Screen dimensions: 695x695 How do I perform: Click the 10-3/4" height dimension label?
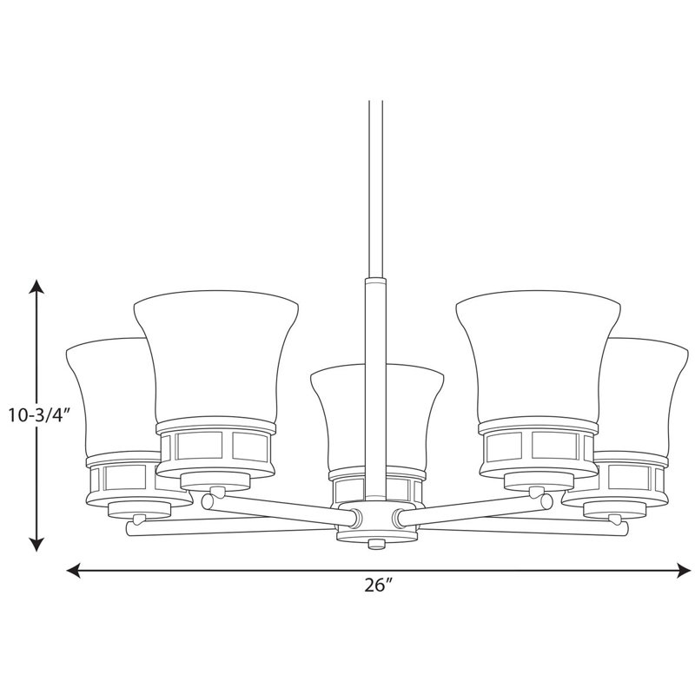pyautogui.click(x=40, y=415)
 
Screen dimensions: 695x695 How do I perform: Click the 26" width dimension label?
pyautogui.click(x=380, y=585)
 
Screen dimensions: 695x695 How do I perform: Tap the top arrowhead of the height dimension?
pyautogui.click(x=36, y=287)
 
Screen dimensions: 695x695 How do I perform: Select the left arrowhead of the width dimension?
pyautogui.click(x=74, y=570)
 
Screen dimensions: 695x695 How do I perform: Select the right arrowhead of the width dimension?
pyautogui.click(x=684, y=570)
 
